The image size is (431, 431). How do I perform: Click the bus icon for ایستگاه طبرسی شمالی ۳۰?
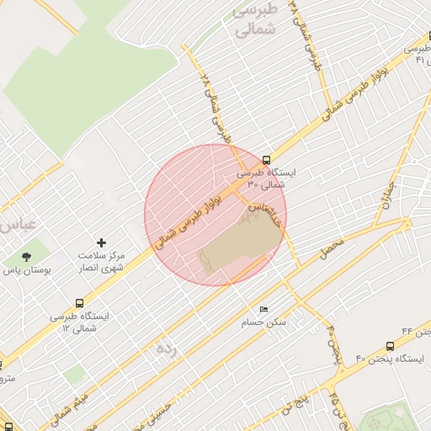[x=267, y=160]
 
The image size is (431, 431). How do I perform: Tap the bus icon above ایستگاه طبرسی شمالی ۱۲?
[x=80, y=303]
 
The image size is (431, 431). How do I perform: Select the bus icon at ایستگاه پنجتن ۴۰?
[x=390, y=346]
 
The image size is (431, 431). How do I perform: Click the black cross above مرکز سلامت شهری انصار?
[x=102, y=242]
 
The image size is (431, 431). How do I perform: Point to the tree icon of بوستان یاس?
[x=26, y=256]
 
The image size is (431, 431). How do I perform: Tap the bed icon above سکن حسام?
[x=264, y=310]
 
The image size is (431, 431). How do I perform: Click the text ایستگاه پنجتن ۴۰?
[x=391, y=359]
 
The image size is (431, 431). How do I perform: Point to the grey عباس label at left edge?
[x=16, y=225]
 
